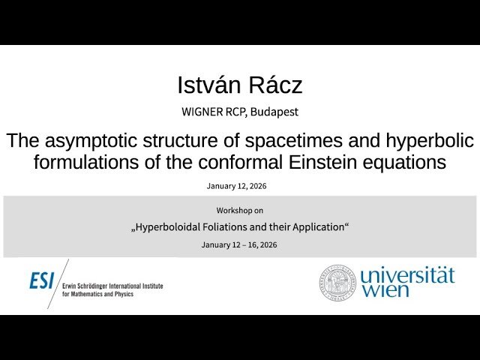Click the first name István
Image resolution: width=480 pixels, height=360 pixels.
click(x=208, y=85)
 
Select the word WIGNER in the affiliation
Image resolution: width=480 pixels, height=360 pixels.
click(x=203, y=112)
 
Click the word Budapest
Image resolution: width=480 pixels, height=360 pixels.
click(x=275, y=112)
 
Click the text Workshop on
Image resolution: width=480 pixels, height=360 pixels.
click(x=239, y=210)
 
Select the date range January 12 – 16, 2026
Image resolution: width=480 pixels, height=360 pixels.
click(x=239, y=245)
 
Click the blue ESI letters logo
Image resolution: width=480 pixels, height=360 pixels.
click(x=42, y=280)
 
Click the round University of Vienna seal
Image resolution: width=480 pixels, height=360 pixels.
click(x=338, y=282)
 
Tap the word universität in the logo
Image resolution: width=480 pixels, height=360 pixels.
click(x=407, y=275)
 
